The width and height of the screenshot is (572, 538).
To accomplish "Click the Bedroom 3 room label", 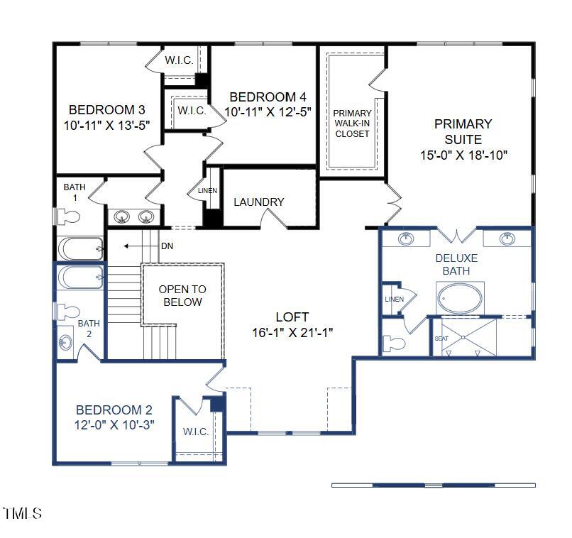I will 106,110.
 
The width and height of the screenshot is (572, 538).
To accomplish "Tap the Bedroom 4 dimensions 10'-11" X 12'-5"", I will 268,111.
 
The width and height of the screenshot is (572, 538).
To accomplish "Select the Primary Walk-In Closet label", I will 353,123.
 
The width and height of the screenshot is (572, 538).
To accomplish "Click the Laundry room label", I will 258,202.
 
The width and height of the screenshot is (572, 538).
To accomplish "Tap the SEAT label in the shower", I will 441,339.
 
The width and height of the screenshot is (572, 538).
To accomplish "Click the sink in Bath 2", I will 65,342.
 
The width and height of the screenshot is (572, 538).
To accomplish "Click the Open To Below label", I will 182,296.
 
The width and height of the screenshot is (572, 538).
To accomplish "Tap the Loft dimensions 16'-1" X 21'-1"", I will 292,332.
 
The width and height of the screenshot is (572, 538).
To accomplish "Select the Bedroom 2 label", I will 114,410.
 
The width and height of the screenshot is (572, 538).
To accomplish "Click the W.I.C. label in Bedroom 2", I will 194,432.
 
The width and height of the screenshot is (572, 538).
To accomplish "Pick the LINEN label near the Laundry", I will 207,191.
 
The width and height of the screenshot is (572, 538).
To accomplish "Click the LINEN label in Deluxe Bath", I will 394,300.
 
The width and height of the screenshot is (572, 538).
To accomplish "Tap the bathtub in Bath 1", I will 80,249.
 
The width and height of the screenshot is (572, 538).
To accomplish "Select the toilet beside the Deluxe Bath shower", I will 395,344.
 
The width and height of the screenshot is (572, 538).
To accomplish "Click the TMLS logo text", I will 22,513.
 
